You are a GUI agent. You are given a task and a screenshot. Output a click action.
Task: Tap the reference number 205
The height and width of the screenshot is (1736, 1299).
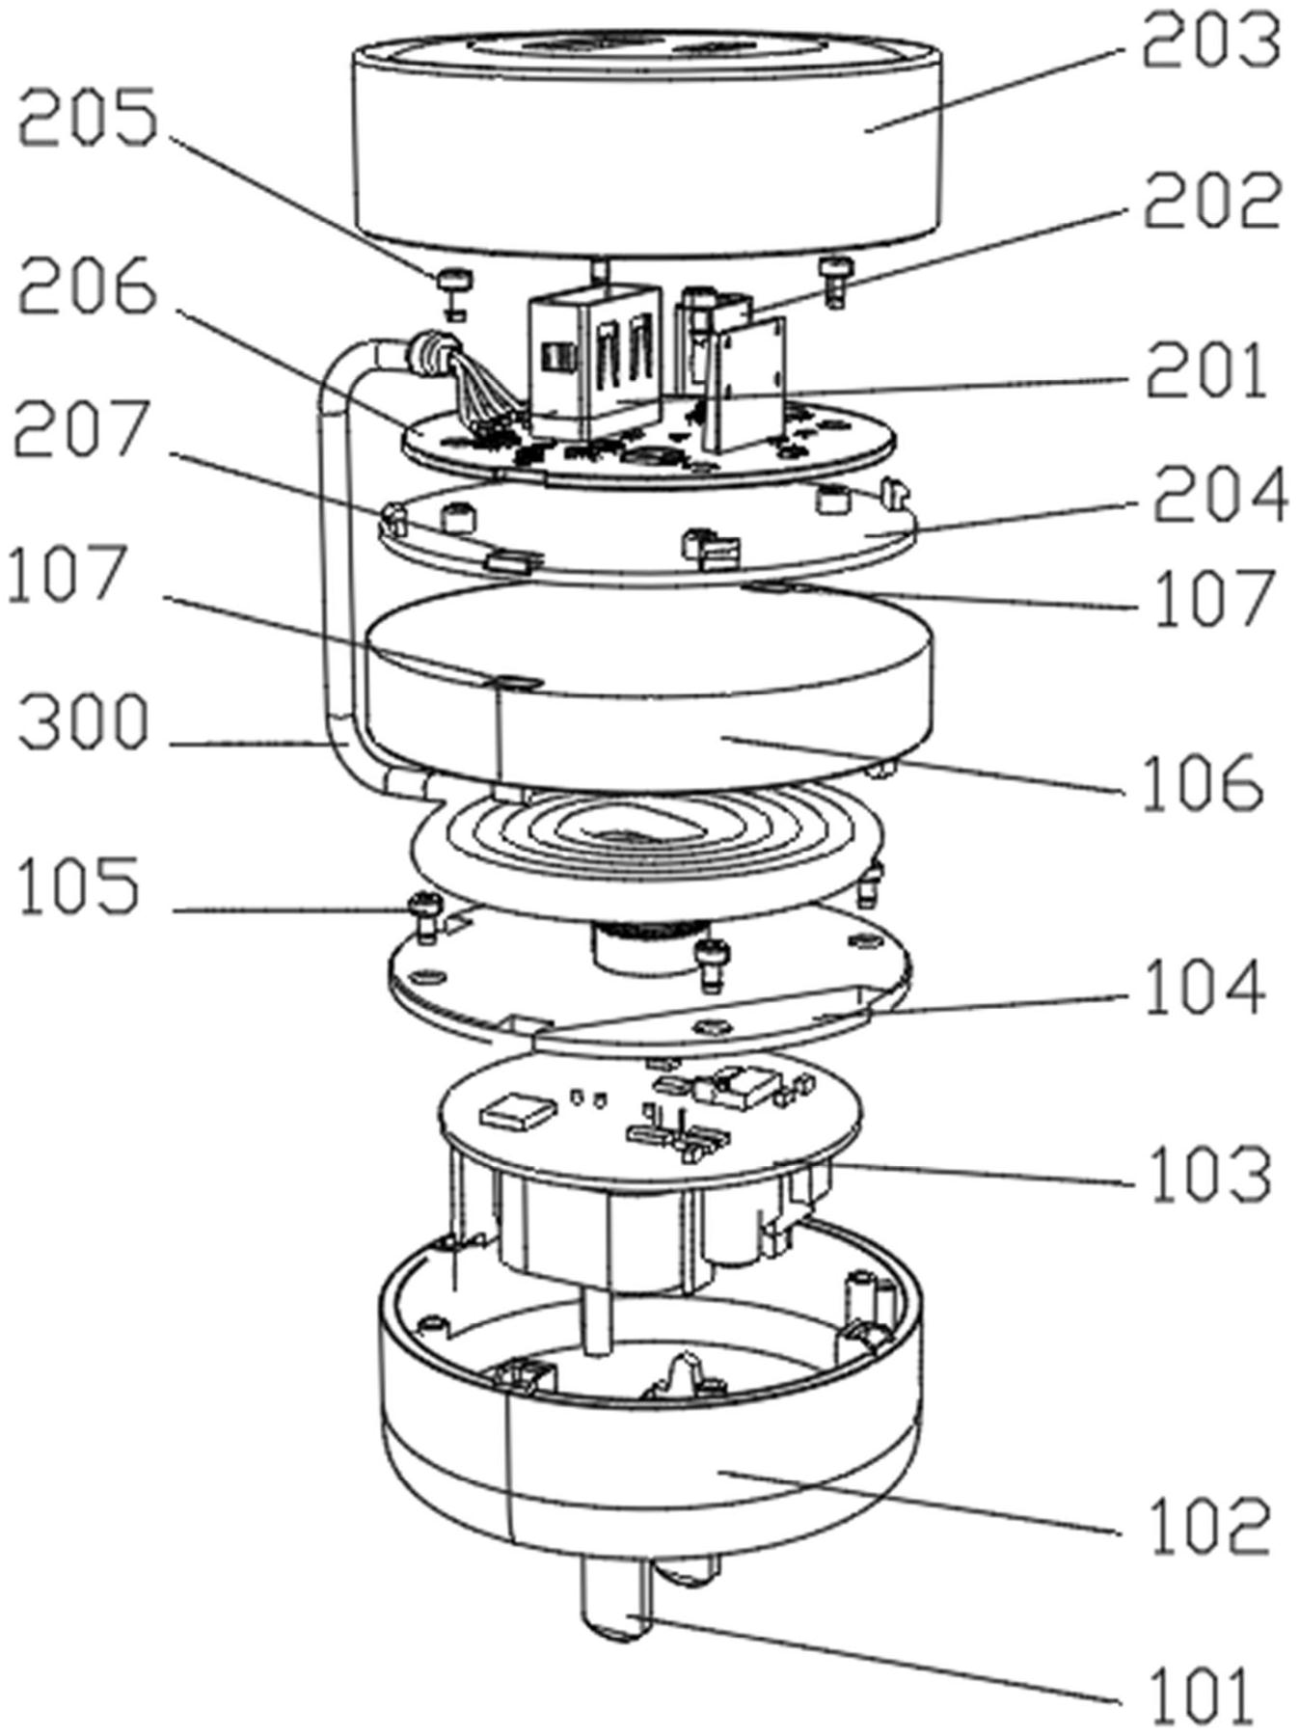coord(89,119)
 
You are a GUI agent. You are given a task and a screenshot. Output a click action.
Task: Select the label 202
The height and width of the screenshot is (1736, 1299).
coord(1212,202)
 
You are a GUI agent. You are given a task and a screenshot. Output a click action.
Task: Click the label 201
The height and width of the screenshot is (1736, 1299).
coord(1206,374)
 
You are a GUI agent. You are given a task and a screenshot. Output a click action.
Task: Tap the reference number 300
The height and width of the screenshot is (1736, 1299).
coord(85,723)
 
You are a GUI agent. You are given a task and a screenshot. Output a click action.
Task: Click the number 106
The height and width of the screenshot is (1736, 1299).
coord(1202,783)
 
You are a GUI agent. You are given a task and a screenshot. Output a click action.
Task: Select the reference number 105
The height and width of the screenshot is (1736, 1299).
coord(79,888)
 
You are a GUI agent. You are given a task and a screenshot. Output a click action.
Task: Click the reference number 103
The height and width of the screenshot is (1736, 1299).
coord(1212,1173)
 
